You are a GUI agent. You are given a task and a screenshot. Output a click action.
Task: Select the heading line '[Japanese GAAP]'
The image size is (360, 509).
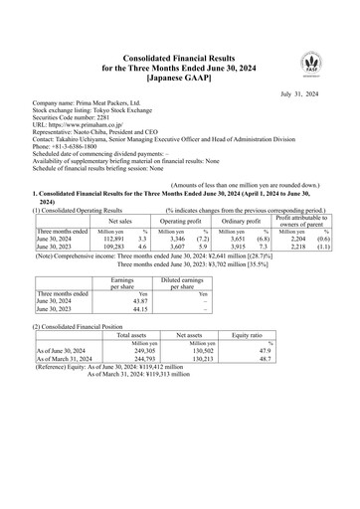pos(179,77)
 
